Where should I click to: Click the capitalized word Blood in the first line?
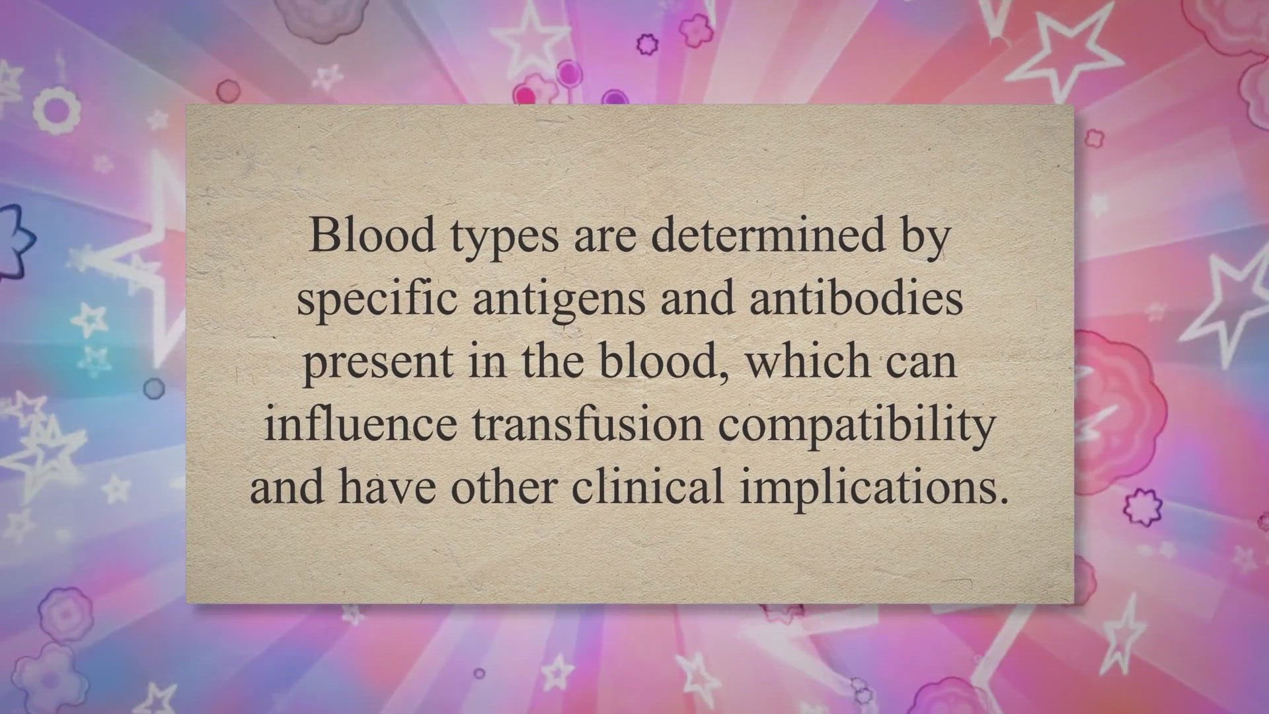372,234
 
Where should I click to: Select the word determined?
769,234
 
